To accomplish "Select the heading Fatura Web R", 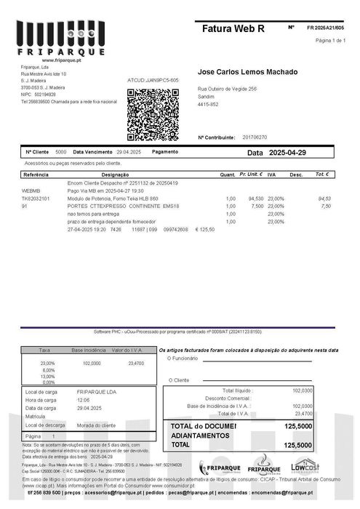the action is pyautogui.click(x=234, y=28).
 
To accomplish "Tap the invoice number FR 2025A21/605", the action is pyautogui.click(x=325, y=27).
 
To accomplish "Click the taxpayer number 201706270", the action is pyautogui.click(x=255, y=137).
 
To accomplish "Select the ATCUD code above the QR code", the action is pyautogui.click(x=153, y=80).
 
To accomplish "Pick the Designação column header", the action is pyautogui.click(x=115, y=175).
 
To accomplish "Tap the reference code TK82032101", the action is pyautogui.click(x=36, y=198).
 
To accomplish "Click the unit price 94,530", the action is pyautogui.click(x=256, y=198).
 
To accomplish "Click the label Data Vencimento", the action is pyautogui.click(x=92, y=152).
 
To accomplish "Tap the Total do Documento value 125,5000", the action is pyautogui.click(x=298, y=426).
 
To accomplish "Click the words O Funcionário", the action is pyautogui.click(x=183, y=358).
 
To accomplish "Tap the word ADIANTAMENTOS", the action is pyautogui.click(x=200, y=436).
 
